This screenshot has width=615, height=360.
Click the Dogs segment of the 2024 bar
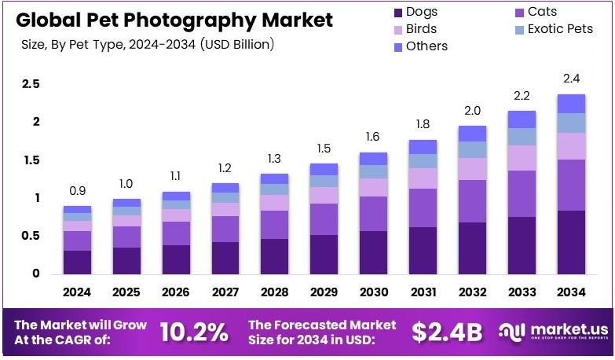click(77, 262)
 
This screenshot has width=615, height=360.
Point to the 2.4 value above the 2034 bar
click(571, 79)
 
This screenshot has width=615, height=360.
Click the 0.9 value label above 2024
click(77, 190)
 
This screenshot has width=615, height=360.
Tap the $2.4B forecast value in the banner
click(447, 332)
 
